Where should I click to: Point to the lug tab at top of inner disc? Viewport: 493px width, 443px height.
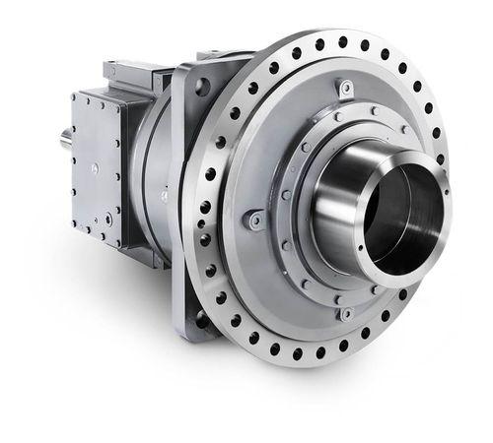point(345,90)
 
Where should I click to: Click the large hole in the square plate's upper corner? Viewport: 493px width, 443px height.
point(205,86)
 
